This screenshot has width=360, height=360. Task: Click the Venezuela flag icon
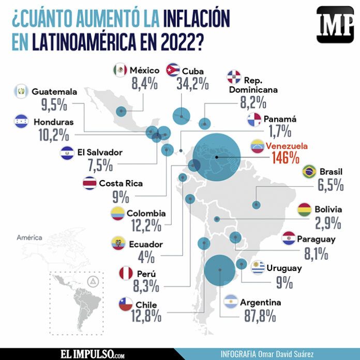(x=258, y=146)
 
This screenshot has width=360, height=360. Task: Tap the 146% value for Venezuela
(x=284, y=157)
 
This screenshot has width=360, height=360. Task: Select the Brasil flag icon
(x=309, y=171)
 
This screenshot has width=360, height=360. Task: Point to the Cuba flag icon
(x=172, y=70)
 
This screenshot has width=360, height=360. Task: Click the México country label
(x=145, y=70)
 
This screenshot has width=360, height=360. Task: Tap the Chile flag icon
(x=126, y=304)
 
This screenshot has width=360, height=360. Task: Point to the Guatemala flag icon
(x=22, y=92)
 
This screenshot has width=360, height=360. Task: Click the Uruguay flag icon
(x=258, y=267)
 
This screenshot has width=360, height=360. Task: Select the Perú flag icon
(x=126, y=273)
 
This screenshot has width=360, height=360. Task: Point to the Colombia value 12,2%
(x=146, y=226)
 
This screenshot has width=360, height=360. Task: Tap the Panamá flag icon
(x=254, y=119)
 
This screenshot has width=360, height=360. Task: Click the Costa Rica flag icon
(x=89, y=183)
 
